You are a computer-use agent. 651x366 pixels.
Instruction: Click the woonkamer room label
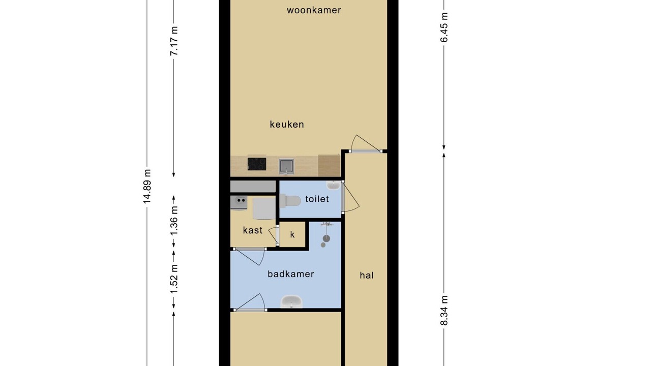pos(314,11)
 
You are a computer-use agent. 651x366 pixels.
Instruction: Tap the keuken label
pos(287,125)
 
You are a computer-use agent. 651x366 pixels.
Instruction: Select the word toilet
pos(317,199)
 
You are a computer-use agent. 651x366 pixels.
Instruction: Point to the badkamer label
pos(291,274)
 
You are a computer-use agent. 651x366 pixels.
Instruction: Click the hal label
pos(367,275)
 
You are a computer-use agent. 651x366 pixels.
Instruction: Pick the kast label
pos(253,230)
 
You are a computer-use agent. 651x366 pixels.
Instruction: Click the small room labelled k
pos(292,235)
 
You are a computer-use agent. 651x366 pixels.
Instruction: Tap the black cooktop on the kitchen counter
pos(257,164)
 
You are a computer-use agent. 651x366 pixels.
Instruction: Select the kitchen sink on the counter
pos(286,166)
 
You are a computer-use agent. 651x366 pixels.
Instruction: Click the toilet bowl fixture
pos(290,201)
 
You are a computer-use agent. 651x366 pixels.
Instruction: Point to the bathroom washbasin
pos(291,302)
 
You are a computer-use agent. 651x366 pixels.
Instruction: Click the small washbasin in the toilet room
pos(333,185)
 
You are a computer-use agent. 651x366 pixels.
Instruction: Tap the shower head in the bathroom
pos(327,238)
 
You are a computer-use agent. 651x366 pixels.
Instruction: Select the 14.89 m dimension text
pos(147,186)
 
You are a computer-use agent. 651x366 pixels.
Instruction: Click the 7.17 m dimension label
pos(174,41)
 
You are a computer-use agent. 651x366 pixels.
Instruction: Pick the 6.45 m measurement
pos(444,27)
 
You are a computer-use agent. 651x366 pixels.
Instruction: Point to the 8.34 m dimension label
pos(444,310)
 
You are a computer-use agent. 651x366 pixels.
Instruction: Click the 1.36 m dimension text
pos(174,221)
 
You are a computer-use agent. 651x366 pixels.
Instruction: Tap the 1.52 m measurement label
pos(174,279)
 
